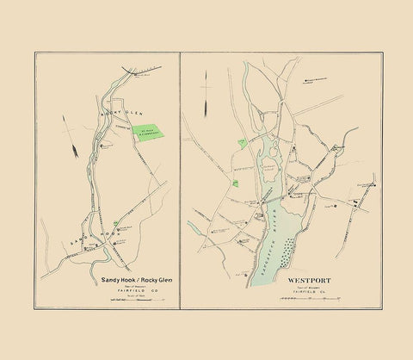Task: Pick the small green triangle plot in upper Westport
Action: tap(243, 140)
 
